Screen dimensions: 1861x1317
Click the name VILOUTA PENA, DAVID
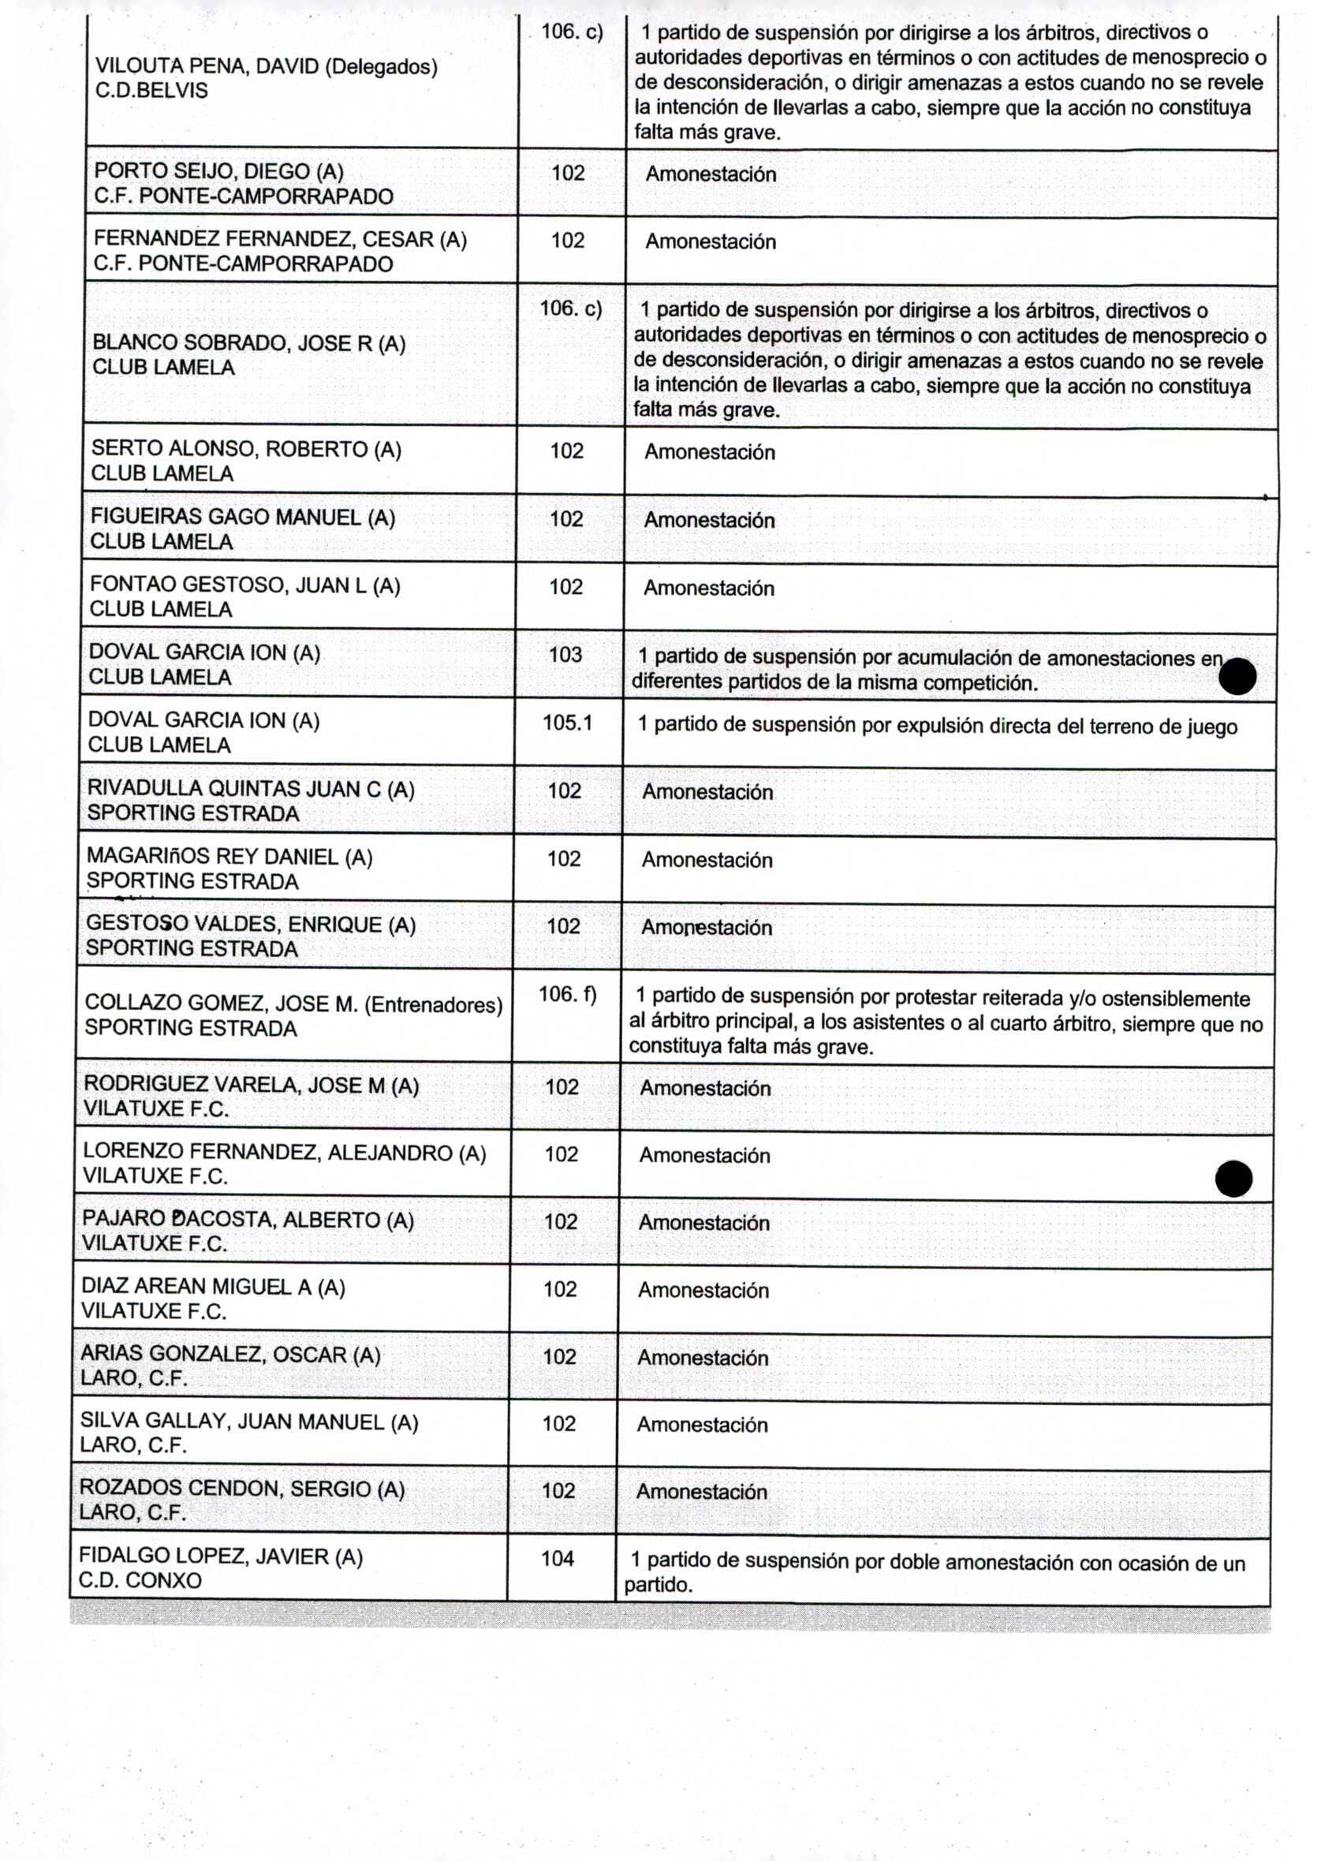point(206,66)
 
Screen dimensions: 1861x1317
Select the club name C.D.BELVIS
point(151,91)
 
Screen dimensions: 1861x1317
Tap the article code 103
point(565,655)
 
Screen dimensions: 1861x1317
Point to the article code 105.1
point(567,722)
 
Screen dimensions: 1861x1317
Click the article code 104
point(557,1557)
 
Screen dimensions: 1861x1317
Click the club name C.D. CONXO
point(140,1580)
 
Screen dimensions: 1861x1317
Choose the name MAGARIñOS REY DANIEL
point(212,857)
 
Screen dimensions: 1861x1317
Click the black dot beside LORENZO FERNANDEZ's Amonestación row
point(1233,1179)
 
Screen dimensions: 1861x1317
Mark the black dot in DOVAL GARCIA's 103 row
point(1237,677)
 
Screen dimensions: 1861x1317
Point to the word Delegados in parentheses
point(380,66)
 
